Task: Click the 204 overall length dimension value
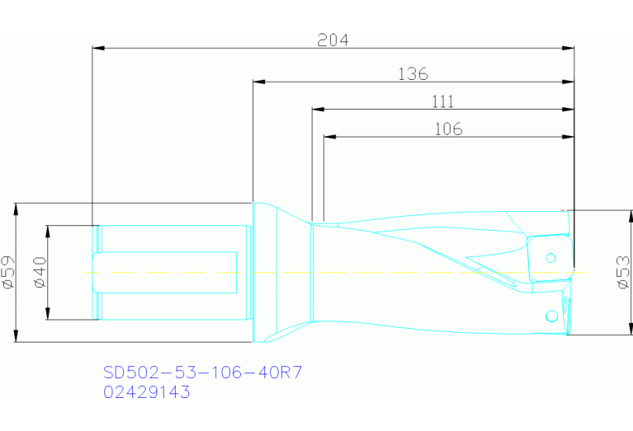pos(333,40)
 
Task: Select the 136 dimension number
pos(413,74)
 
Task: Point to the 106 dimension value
pos(447,129)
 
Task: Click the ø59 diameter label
pos(8,272)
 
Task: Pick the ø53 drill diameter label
pos(624,272)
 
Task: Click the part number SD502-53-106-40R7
pos(202,372)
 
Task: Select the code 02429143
pos(146,392)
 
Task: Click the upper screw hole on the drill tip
pos(549,258)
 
